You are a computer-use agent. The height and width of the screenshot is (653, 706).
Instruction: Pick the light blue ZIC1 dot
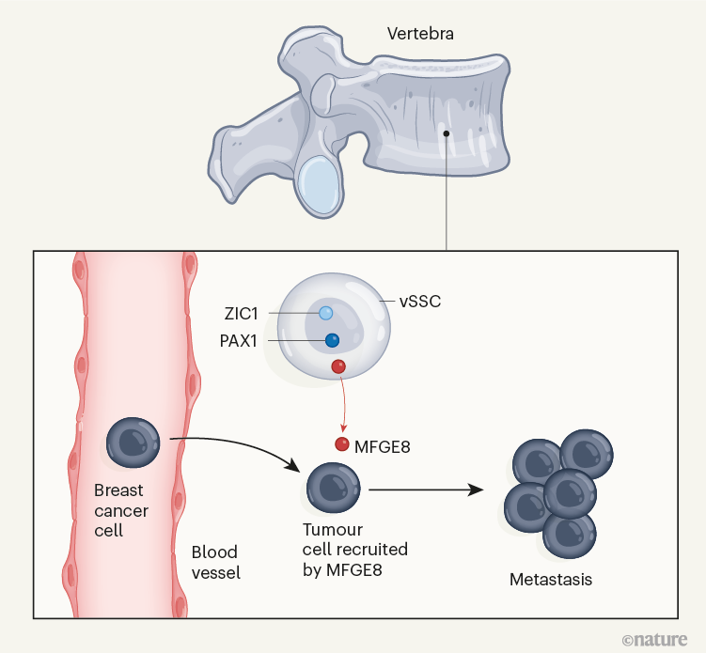pos(325,313)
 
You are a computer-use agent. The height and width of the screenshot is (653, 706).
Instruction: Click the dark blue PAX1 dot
pos(332,341)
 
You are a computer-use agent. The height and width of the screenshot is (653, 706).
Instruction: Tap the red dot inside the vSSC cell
pos(339,366)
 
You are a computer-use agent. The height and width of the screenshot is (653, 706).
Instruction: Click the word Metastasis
pos(551,580)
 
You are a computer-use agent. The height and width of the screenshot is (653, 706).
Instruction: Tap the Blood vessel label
pos(215,562)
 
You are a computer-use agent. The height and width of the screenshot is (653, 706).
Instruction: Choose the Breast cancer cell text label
pos(121,510)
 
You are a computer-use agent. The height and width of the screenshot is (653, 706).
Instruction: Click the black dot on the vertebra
pos(447,132)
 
